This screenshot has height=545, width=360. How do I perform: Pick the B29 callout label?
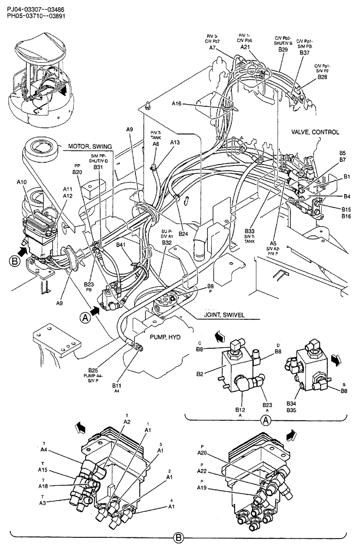[283, 50]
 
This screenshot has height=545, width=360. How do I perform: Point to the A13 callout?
[174, 142]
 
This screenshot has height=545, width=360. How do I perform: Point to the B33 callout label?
[249, 232]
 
